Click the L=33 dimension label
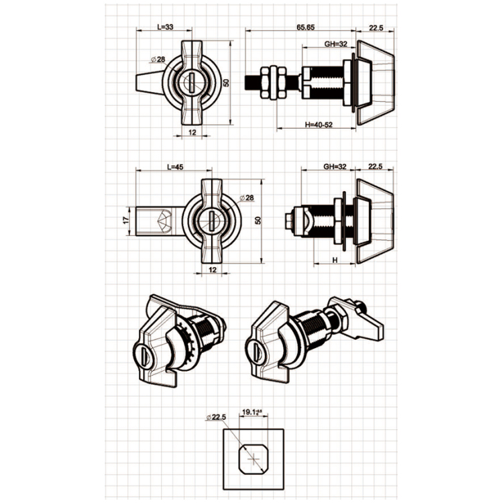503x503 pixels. click(165, 27)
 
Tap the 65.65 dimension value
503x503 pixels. click(305, 27)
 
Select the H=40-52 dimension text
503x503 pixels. click(319, 125)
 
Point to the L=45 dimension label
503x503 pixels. click(175, 167)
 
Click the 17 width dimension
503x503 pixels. click(126, 221)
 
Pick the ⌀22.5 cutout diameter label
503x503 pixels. click(216, 417)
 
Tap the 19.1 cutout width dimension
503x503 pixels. click(252, 412)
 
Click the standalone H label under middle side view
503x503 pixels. click(335, 260)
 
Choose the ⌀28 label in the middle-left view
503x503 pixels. click(247, 198)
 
